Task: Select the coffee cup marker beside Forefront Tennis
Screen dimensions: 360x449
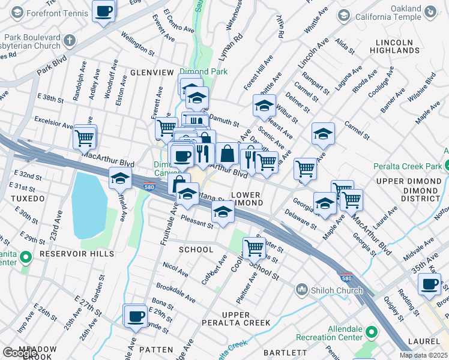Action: pos(104,11)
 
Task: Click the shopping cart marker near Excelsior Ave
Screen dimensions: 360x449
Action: pos(85,136)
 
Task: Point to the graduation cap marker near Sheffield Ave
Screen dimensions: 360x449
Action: pos(120,178)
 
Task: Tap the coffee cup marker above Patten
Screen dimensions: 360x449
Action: pos(135,316)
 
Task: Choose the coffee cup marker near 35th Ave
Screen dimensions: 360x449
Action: pos(429,284)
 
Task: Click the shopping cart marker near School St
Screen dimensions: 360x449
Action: pos(254,247)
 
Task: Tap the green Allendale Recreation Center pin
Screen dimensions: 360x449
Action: pos(372,331)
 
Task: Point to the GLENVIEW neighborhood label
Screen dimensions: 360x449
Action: pos(152,73)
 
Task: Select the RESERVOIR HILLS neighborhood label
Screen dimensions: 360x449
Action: pos(76,254)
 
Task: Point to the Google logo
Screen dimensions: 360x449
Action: pos(19,353)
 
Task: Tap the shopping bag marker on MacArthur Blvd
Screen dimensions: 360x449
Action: pos(228,154)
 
